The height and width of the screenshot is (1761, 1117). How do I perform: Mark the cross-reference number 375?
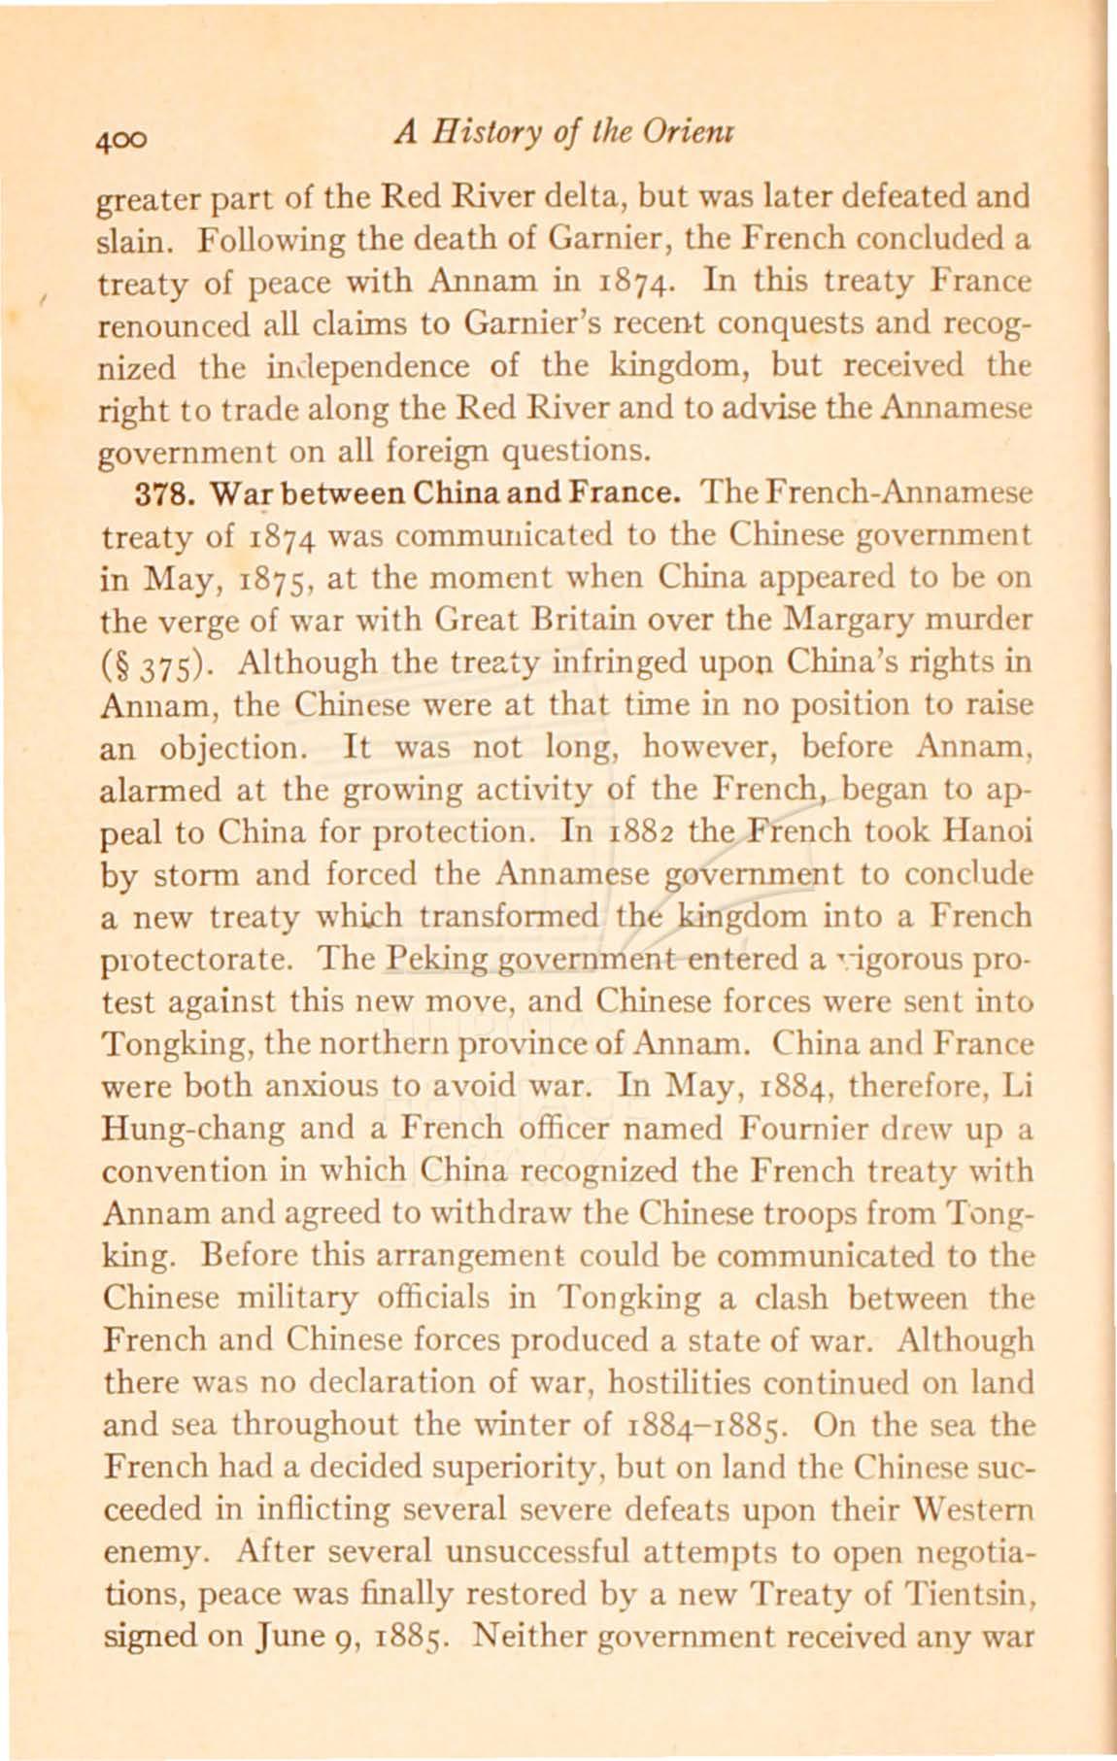[161, 664]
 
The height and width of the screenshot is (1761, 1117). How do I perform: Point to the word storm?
[193, 874]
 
